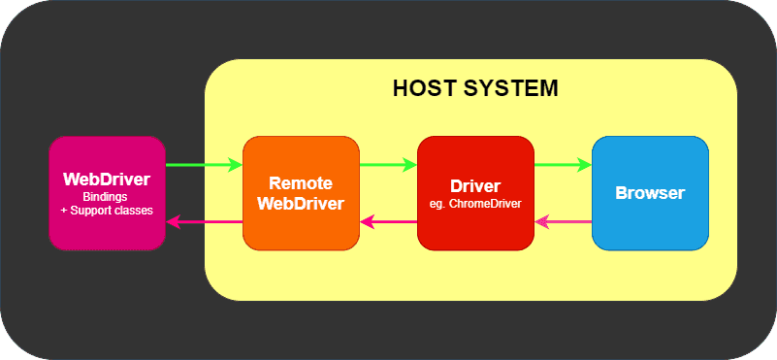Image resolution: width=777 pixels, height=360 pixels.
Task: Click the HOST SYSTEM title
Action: coord(475,88)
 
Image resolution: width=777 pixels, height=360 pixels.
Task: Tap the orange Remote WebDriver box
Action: coord(301,229)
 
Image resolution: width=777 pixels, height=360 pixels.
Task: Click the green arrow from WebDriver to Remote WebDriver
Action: coord(204,165)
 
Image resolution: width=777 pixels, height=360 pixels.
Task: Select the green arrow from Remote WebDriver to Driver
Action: coord(388,165)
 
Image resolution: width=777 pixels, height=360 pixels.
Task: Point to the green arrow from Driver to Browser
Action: coord(563,165)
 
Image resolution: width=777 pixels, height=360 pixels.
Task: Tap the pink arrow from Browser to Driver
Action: coord(563,222)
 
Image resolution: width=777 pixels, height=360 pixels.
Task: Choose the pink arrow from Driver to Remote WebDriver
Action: coord(388,222)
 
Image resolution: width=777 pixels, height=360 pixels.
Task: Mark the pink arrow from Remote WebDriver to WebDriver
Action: coord(204,222)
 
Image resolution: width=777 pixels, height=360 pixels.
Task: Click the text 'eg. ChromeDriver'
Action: coord(475,204)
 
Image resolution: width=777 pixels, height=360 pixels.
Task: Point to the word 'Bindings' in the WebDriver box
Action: coord(107,197)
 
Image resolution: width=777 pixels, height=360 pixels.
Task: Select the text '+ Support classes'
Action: coord(107,210)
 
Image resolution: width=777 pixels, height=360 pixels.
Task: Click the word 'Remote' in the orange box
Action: coord(301,183)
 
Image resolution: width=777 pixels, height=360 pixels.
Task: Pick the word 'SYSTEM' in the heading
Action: coord(513,88)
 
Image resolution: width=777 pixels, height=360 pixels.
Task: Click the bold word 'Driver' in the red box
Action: coord(475,186)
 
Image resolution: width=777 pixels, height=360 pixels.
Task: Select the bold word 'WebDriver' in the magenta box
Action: coord(107,180)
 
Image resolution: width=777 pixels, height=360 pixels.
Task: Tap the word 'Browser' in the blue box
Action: coord(650,192)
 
